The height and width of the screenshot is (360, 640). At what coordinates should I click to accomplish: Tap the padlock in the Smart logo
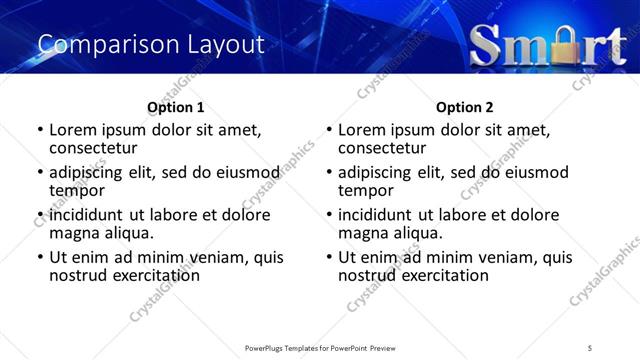553,45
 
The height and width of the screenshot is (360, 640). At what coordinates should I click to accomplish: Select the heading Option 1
175,107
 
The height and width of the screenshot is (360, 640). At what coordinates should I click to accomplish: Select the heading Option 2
465,107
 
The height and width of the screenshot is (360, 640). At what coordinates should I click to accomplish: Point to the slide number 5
590,347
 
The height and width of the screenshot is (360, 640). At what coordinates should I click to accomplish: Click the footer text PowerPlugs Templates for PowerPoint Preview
319,347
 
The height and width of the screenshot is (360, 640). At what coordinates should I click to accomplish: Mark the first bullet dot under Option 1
40,130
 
